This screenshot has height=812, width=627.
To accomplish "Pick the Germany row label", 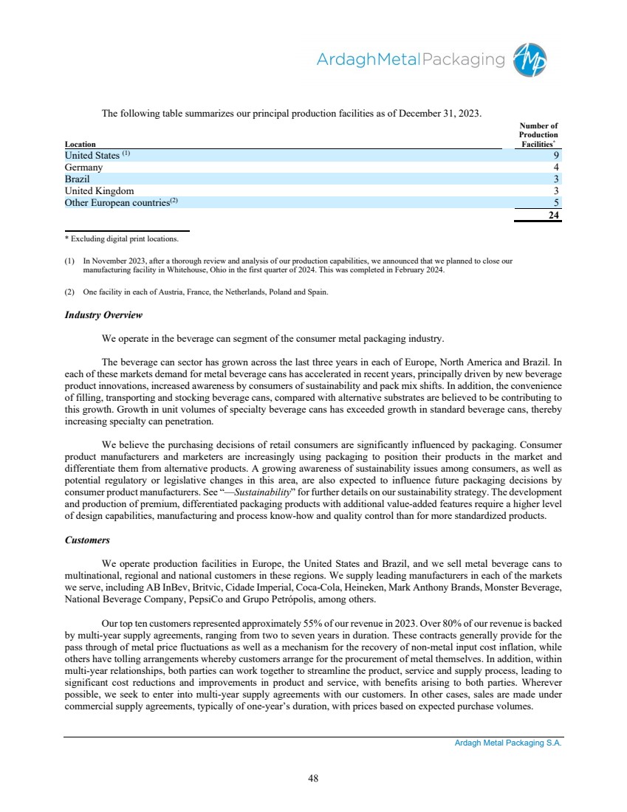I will [83, 168].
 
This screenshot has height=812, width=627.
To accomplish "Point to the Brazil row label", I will [77, 179].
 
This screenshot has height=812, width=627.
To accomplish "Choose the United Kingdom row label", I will [100, 191].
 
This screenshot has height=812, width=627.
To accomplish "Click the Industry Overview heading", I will [103, 315].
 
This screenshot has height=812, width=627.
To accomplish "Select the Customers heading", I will [87, 540].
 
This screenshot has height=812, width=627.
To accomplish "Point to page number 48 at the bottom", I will [313, 777].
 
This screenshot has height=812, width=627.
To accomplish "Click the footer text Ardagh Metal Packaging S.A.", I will [508, 745].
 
